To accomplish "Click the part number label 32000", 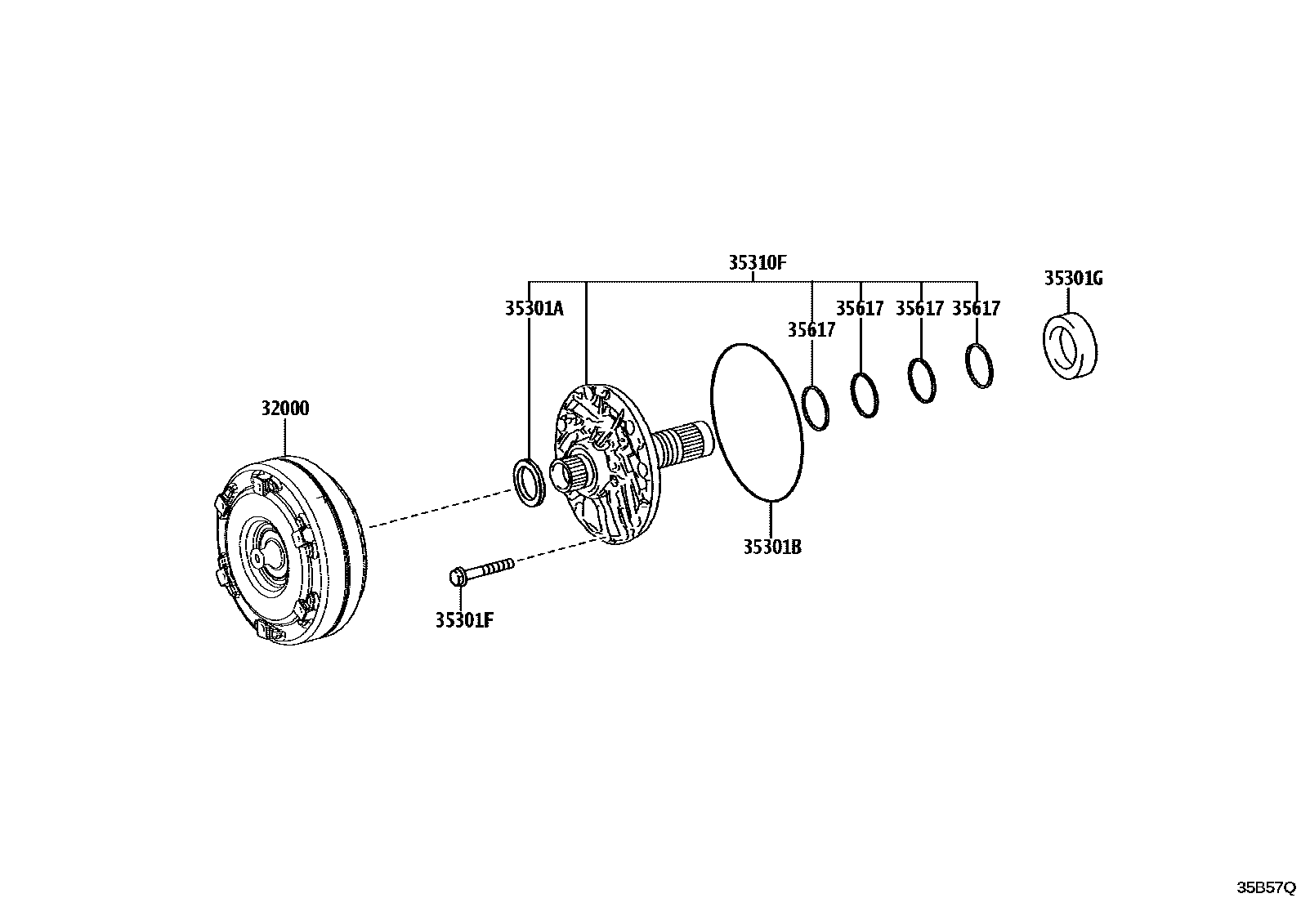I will coord(285,409).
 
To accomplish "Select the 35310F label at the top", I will coord(757,262).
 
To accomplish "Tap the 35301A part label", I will coord(534,308).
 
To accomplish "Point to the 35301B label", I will coord(771,547).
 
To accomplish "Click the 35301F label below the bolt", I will coord(464,620).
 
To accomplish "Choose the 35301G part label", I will coord(1073,279).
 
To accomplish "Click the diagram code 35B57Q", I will coord(1266,887).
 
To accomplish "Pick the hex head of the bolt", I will coord(458,577).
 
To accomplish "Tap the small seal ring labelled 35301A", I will coord(530,482).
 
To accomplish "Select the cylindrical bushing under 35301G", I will coord(1071,346).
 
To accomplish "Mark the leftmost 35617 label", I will coord(811,329).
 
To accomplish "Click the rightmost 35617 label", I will coord(977,308).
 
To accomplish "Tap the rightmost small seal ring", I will coord(979,365).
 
